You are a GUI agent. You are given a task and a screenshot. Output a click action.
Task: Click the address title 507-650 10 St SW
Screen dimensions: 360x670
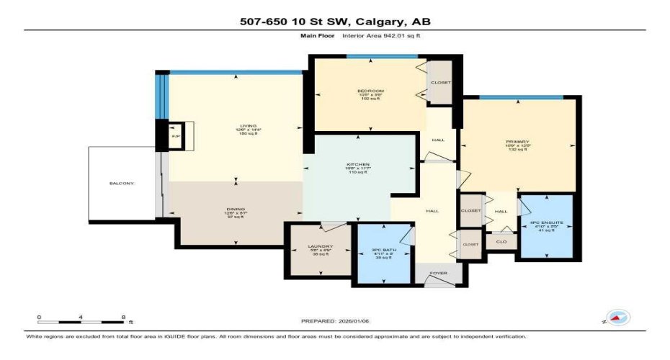click(334, 21)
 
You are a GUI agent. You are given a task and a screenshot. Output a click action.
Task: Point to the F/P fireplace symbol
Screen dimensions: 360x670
click(174, 135)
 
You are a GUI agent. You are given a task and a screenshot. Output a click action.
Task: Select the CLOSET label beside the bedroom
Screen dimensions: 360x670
click(440, 83)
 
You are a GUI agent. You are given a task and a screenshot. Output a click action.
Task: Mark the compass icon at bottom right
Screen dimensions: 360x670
click(618, 317)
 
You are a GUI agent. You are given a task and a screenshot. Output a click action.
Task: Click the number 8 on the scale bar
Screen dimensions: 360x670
click(123, 317)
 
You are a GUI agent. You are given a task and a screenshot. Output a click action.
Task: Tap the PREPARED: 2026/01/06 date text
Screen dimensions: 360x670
click(334, 321)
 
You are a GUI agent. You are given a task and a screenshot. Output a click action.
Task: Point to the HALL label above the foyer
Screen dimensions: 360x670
click(432, 211)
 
